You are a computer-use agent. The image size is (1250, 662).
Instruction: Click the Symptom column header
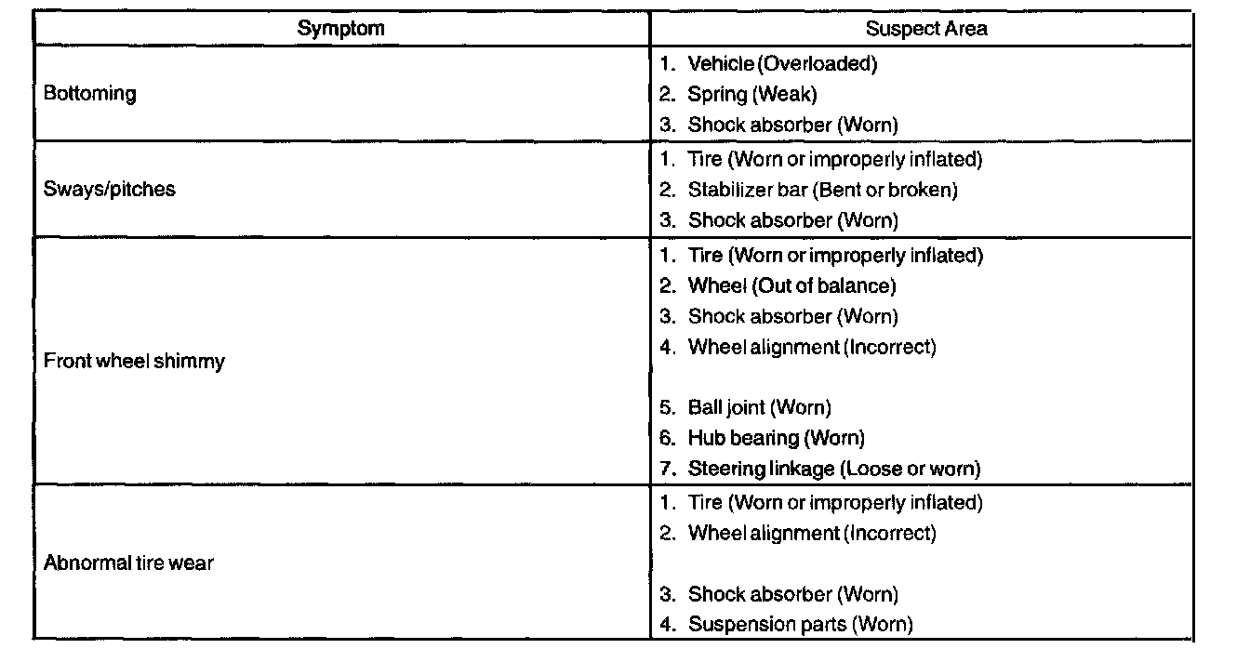tap(340, 28)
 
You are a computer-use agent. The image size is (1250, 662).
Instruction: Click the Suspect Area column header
tap(925, 28)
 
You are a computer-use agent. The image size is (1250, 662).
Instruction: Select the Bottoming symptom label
tap(89, 94)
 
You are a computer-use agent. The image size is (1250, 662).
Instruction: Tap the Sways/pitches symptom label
tap(109, 190)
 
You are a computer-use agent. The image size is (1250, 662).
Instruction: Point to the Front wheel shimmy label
tap(134, 361)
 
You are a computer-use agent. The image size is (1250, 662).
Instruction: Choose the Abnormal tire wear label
tap(128, 563)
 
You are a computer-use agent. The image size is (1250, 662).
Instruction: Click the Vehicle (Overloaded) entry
tap(781, 64)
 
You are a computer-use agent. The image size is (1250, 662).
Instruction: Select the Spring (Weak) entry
tap(751, 94)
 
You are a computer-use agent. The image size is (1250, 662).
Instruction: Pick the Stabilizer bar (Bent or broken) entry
tap(822, 191)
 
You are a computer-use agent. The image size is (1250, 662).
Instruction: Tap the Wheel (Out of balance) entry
tap(791, 285)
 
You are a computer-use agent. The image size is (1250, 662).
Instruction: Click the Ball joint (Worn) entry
tap(759, 407)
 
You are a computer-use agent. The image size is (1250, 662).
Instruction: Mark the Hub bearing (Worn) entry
tap(776, 438)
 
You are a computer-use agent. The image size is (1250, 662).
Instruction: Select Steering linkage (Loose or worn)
tap(833, 469)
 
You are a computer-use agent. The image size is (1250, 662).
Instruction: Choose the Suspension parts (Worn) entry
tap(800, 625)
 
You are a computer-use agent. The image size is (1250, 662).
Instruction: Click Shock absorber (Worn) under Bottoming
tap(792, 125)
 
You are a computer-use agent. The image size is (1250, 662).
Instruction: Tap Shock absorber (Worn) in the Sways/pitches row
tap(792, 221)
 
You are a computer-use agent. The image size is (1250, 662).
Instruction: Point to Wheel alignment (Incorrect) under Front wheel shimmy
tap(811, 348)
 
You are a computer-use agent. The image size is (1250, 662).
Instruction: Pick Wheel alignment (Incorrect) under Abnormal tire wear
tap(811, 534)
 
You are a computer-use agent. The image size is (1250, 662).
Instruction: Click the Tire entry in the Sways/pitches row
tap(834, 160)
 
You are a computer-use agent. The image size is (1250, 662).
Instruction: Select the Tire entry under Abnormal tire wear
tap(834, 503)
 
